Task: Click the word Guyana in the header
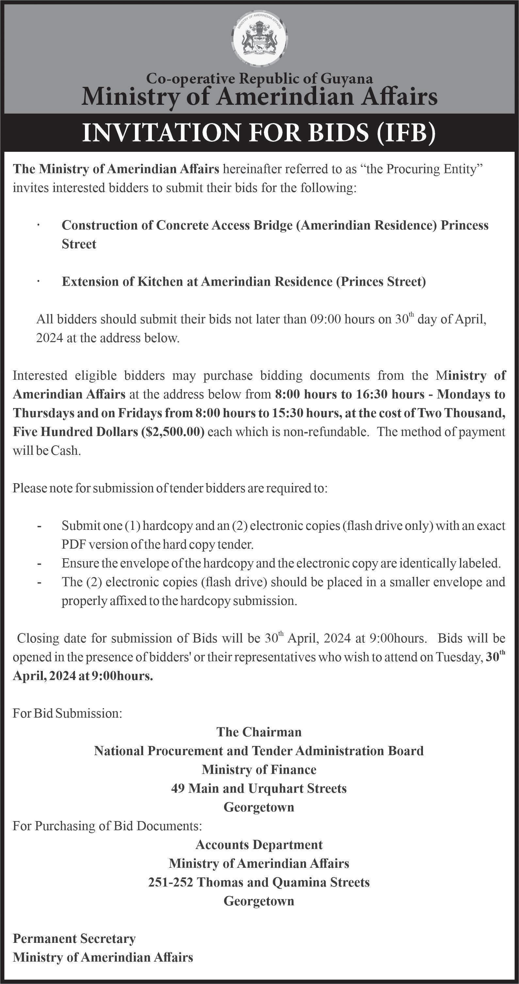click(x=347, y=79)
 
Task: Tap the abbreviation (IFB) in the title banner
click(x=406, y=133)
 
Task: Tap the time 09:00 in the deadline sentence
click(x=324, y=319)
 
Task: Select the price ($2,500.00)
click(x=172, y=432)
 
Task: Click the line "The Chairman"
click(x=259, y=732)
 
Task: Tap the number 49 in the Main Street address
click(x=178, y=788)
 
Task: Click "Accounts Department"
click(x=259, y=844)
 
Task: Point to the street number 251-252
click(x=171, y=882)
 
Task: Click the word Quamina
click(x=297, y=882)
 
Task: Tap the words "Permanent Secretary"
click(x=74, y=938)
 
